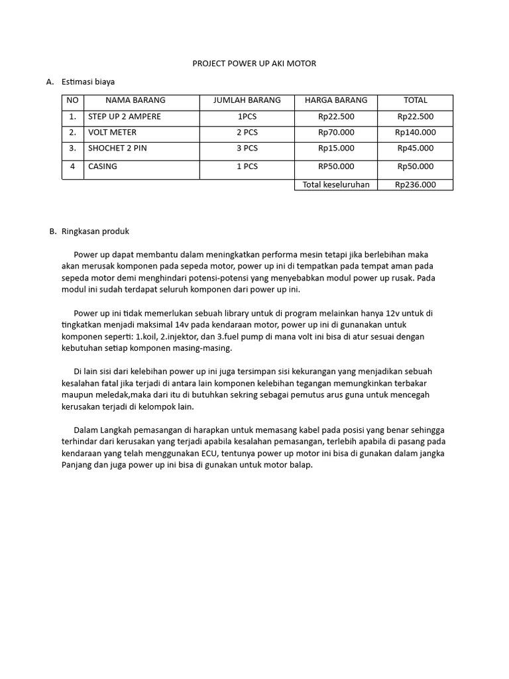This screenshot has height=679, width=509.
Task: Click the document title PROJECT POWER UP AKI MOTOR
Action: point(254,64)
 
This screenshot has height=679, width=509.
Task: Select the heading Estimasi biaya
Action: point(88,82)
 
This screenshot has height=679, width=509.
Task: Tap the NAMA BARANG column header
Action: point(135,101)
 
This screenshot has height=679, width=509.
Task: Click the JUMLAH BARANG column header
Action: point(247,101)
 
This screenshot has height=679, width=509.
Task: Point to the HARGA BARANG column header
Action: point(336,101)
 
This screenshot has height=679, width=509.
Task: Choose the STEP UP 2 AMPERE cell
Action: point(124,117)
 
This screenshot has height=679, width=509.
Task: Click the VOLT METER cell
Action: point(112,133)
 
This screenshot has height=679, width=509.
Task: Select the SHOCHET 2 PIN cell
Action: point(117,149)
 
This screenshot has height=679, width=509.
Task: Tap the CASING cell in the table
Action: point(103,166)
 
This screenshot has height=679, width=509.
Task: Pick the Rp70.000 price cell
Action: point(336,133)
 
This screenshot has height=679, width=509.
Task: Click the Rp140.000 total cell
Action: point(416,133)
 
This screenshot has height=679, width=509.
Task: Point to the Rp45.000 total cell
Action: point(416,149)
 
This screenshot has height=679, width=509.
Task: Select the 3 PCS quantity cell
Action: point(247,149)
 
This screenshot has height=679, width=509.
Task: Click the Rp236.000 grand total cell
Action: point(416,185)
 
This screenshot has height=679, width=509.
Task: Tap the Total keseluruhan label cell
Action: point(336,185)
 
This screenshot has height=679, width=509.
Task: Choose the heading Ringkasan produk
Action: point(95,232)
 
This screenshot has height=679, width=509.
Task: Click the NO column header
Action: point(72,101)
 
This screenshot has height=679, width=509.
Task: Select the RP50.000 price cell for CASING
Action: point(336,166)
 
